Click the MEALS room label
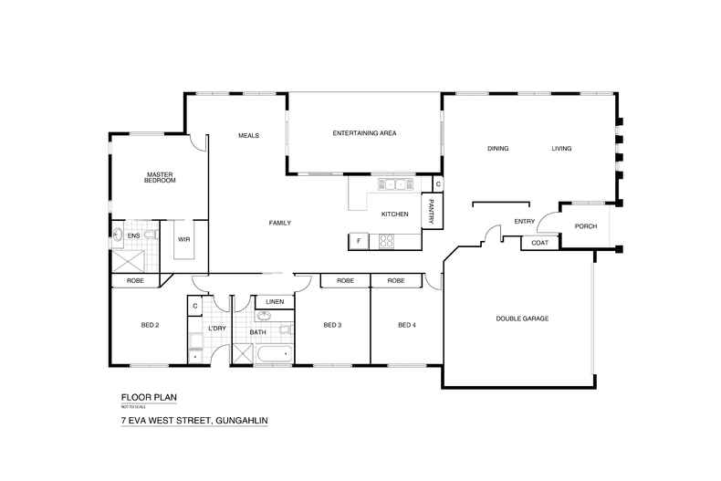pos(248,135)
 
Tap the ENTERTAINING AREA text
pos(363,134)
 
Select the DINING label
pos(497,148)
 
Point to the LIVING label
pos(560,148)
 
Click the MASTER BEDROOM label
pos(160,177)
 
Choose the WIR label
pos(183,239)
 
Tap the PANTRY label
pos(430,212)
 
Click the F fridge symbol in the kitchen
pos(359,241)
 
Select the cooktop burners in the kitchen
pos(386,241)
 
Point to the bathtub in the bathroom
pos(273,354)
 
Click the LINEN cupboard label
pos(275,301)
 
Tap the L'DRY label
pos(216,329)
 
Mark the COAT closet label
pos(538,243)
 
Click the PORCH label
pos(585,226)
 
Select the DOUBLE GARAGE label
pos(522,318)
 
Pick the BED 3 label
pos(332,325)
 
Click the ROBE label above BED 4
pos(395,280)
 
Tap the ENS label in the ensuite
pos(133,235)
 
